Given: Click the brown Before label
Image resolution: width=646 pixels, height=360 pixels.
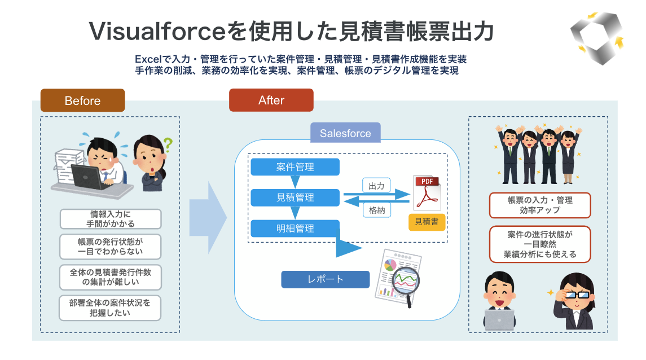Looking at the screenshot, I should coord(82,100).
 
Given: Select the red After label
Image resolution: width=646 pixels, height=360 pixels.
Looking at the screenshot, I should coord(271,100).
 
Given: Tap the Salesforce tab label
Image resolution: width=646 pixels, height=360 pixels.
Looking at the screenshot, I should coord(345,133).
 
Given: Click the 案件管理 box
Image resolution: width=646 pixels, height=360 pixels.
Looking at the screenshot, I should coord(295,167).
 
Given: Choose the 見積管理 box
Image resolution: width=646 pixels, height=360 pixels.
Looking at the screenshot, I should coord(295,197).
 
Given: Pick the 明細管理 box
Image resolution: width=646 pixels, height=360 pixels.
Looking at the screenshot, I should coord(295,229).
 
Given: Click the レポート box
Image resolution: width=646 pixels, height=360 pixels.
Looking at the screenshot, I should coord(326,279).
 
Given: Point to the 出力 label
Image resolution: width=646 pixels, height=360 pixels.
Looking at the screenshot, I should coord(376,185).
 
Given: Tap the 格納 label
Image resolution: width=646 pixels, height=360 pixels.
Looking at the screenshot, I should coord(376,210).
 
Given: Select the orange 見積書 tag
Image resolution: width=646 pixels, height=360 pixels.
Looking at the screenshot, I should coord(427,222).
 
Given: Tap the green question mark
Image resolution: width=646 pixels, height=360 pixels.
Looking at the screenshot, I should coord(167,144).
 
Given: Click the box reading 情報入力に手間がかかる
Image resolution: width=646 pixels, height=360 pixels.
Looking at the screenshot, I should coord(111,219).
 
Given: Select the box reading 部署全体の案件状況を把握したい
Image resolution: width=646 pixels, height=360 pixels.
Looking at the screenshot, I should coord(111,308).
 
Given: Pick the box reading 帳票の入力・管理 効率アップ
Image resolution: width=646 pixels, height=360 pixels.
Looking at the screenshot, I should coord(539,205).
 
